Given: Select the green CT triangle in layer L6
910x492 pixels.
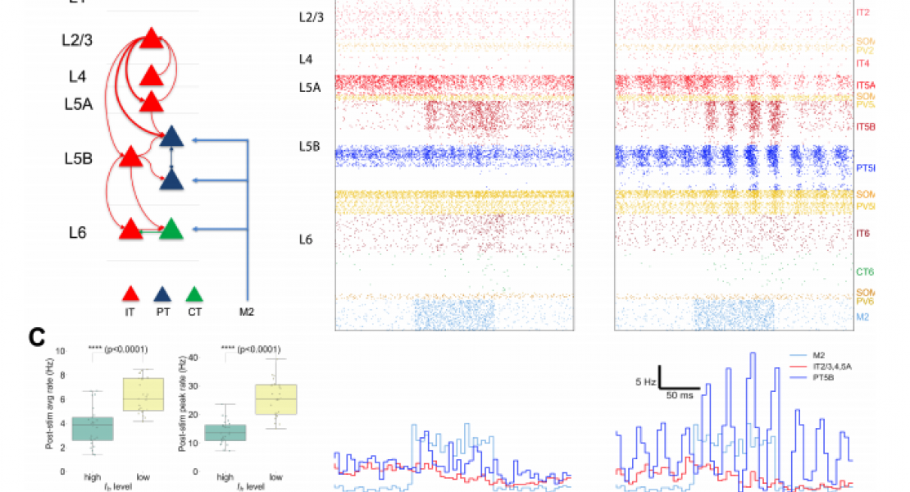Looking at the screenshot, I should tap(171, 230).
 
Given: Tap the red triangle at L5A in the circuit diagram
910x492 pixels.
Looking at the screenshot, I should tap(151, 102).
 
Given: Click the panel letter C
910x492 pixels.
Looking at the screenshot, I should tap(36, 336).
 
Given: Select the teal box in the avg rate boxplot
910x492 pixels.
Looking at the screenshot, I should tap(94, 429).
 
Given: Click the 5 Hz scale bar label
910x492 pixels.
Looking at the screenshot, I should tap(645, 381).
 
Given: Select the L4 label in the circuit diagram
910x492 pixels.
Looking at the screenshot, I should tap(77, 76).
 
